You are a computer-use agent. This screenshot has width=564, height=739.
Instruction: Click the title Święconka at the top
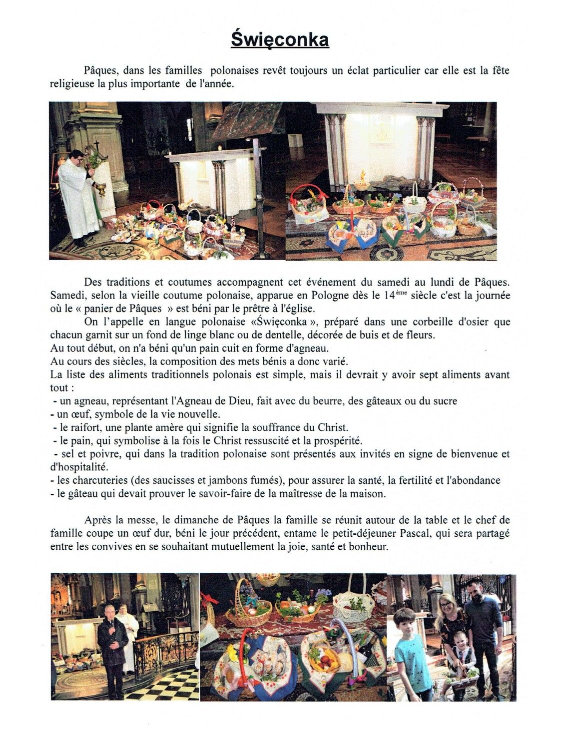[280, 39]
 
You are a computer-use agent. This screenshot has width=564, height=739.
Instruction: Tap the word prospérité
[337, 441]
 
